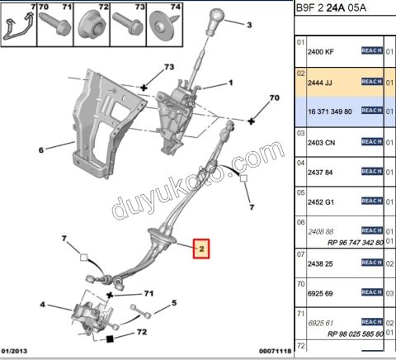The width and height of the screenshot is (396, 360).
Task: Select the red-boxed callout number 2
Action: tap(202, 248)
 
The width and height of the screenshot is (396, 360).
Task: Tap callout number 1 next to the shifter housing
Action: tap(231, 83)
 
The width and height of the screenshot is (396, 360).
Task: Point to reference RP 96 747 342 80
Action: tap(350, 244)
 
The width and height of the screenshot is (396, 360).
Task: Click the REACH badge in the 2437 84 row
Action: tap(372, 172)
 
